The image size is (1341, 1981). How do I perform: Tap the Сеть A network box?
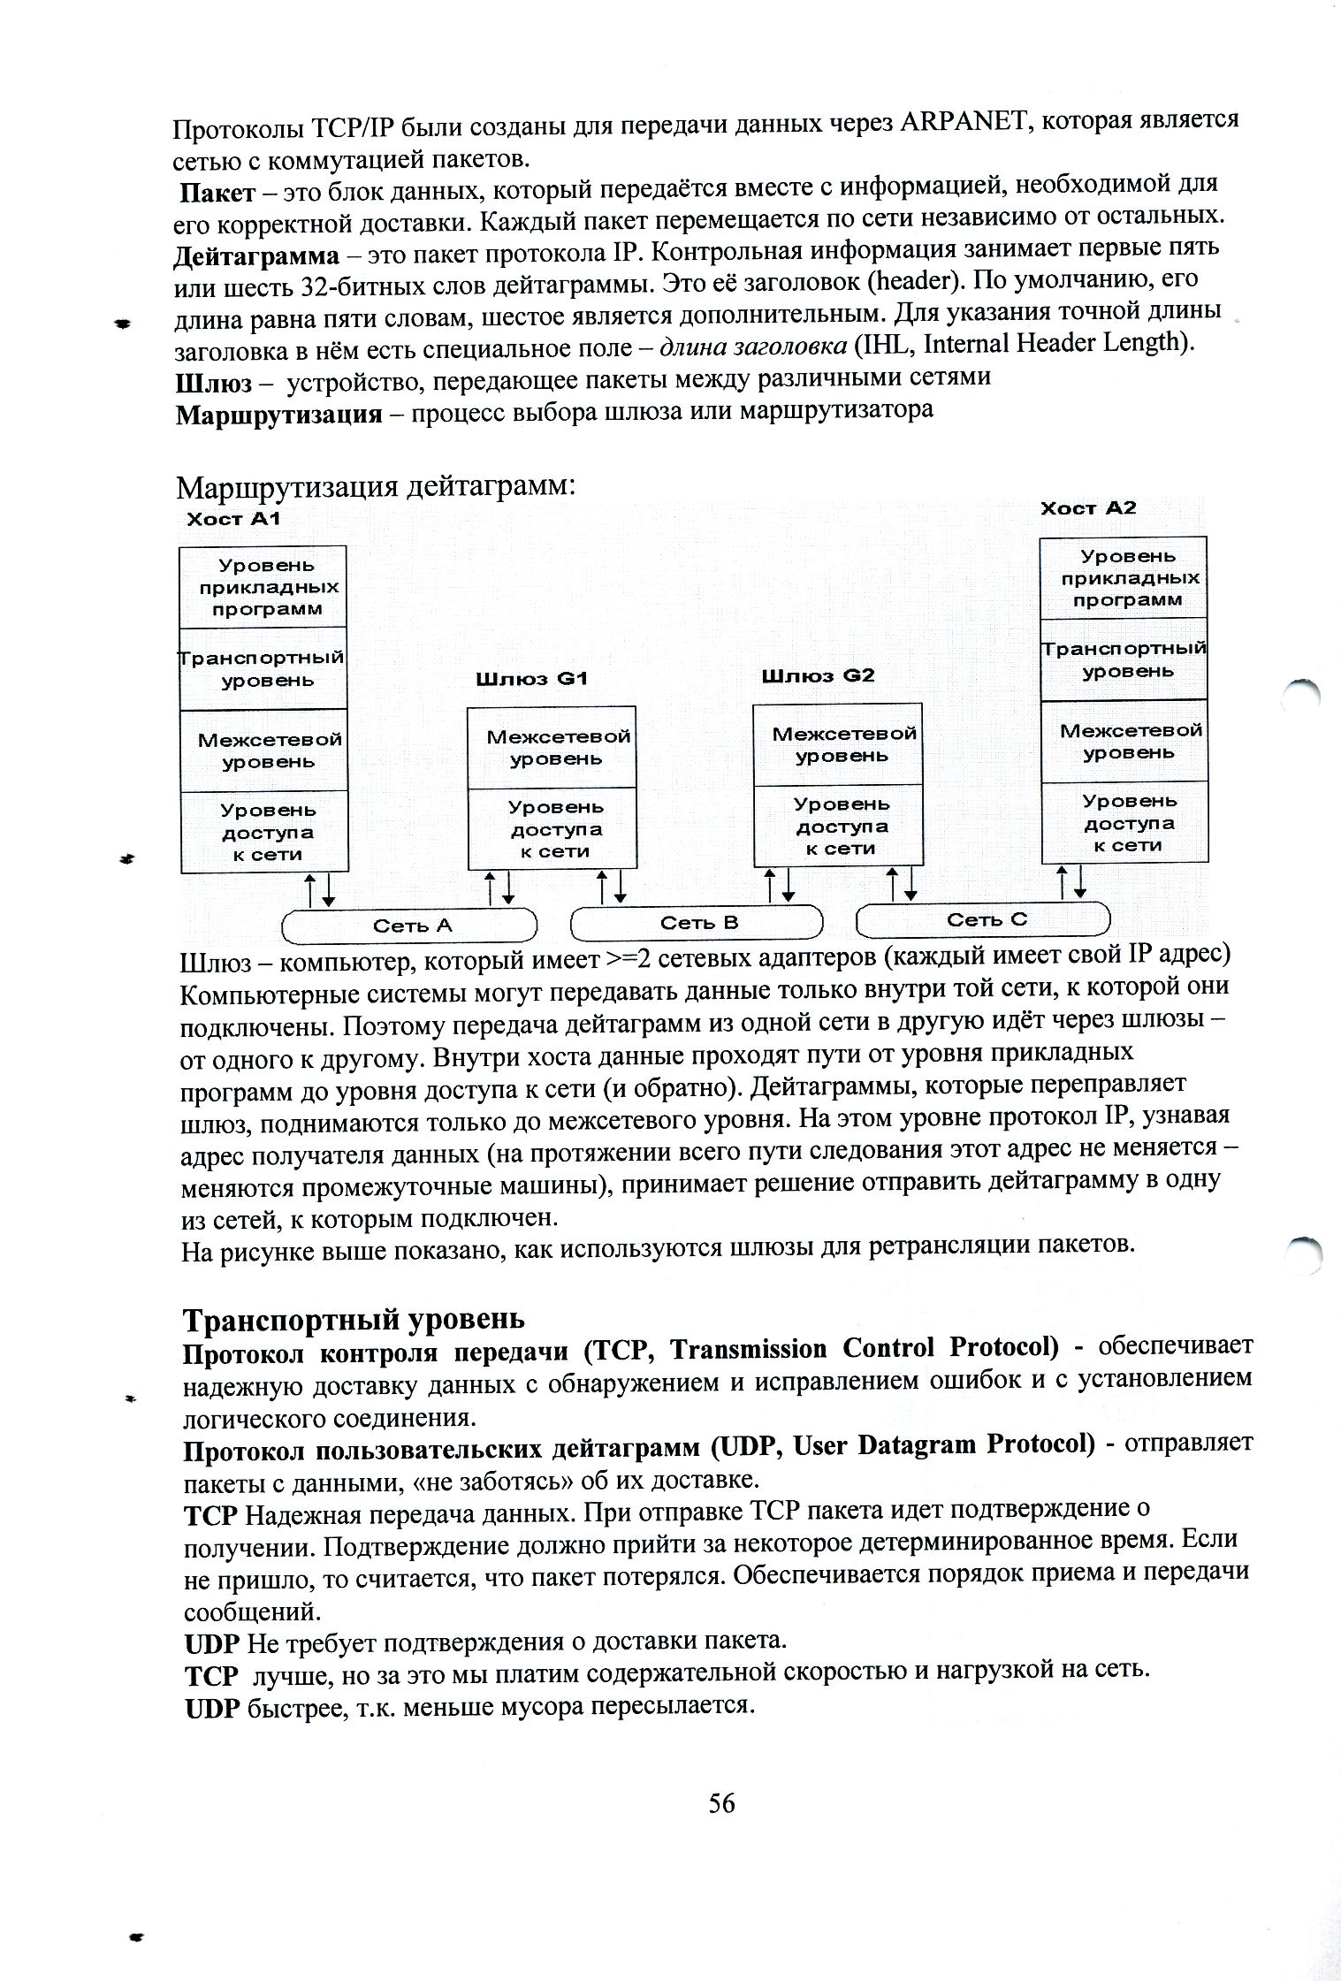coord(409,926)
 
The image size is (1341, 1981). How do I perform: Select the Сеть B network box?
coord(697,923)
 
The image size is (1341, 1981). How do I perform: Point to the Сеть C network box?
coord(984,919)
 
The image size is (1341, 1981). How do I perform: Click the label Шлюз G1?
coord(531,680)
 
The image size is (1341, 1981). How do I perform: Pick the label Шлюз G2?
coord(818,676)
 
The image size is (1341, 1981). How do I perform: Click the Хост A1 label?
coord(232,519)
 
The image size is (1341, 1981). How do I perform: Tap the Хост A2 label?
coord(1087,508)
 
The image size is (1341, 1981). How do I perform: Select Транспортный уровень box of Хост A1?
coord(263,669)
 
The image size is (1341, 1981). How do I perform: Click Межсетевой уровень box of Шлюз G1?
coord(552,747)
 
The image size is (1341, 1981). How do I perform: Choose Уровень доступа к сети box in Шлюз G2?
coord(839,826)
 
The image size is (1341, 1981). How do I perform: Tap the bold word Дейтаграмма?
coord(256,257)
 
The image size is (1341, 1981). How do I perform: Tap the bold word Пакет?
coord(218,192)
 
